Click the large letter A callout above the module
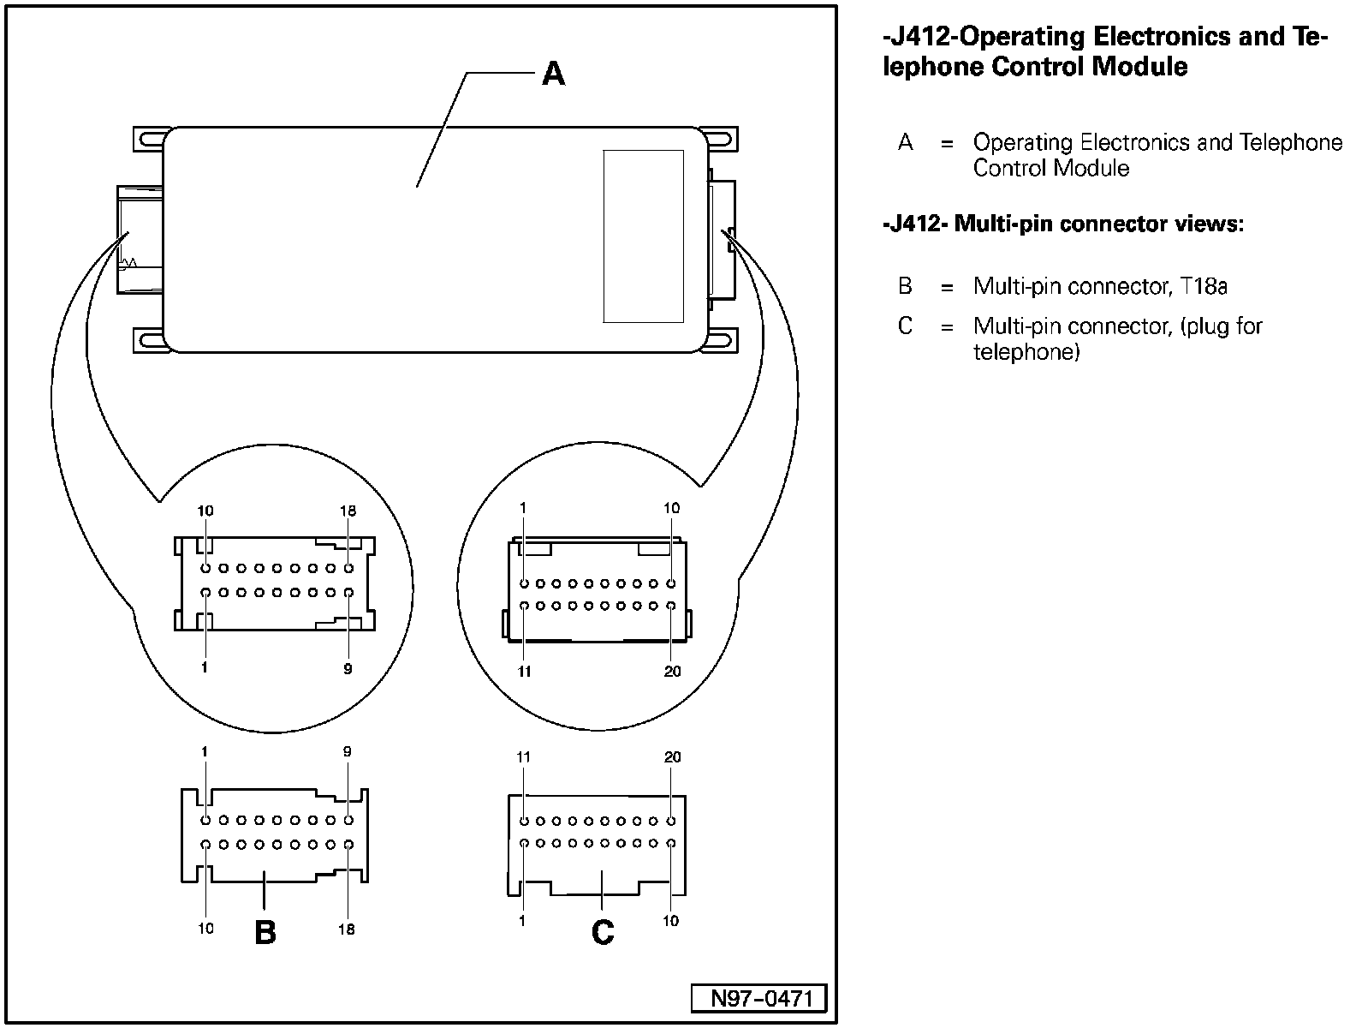point(553,74)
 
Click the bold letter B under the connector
point(265,932)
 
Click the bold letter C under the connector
point(603,932)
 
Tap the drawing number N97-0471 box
point(758,998)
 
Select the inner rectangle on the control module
point(643,236)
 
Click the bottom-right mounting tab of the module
point(722,341)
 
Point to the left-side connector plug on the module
point(140,239)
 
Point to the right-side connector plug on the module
point(722,240)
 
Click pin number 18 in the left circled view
point(348,511)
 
